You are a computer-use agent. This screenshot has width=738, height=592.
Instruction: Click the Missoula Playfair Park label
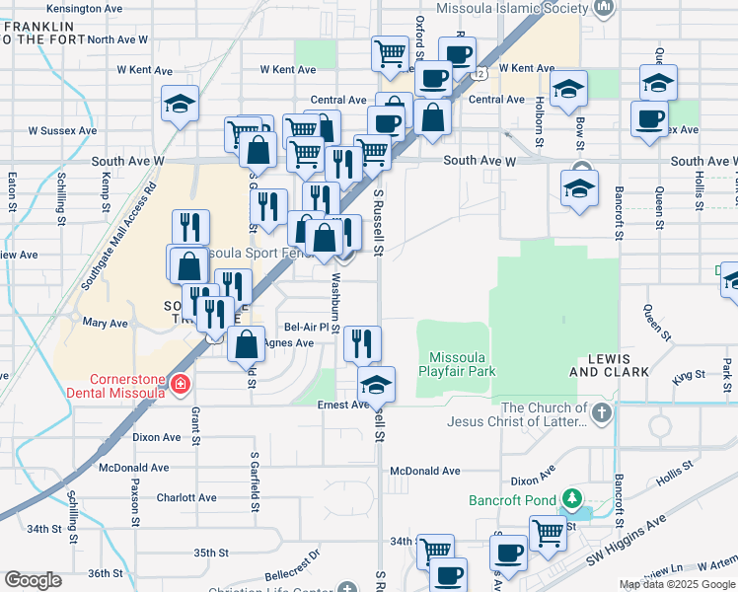point(462,364)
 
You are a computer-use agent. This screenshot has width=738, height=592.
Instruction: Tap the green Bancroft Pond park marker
point(570,498)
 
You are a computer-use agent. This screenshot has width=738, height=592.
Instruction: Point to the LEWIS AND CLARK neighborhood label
point(610,365)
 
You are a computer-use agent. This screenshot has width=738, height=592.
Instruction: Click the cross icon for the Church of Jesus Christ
point(601,410)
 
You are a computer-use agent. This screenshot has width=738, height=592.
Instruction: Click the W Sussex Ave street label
point(62,130)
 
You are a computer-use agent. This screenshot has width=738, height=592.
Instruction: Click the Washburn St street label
point(335,303)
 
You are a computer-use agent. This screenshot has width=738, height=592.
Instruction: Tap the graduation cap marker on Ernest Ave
point(376,385)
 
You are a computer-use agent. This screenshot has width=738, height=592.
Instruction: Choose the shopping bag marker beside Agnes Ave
point(246,344)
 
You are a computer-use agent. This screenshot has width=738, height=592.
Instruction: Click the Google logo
point(33,580)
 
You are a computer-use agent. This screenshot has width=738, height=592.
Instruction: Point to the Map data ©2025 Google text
point(677,584)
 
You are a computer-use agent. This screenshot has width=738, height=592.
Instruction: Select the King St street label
point(689,375)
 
